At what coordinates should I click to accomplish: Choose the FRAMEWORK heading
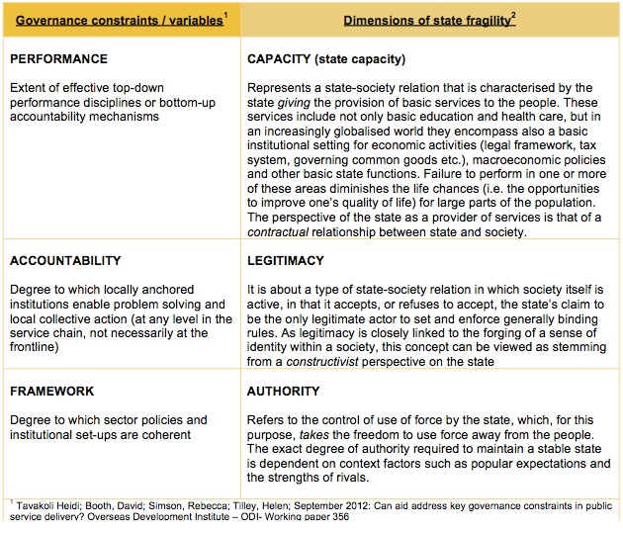tap(52, 392)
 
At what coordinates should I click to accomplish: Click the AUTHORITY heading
tap(283, 392)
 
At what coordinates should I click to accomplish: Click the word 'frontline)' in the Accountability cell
tap(40, 333)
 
